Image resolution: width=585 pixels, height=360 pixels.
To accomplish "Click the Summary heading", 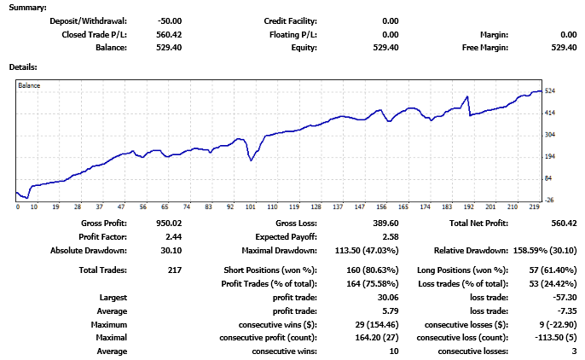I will pyautogui.click(x=29, y=7).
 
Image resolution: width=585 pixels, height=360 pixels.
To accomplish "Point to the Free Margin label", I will pyautogui.click(x=484, y=48).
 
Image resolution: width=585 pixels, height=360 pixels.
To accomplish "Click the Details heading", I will pyautogui.click(x=23, y=67).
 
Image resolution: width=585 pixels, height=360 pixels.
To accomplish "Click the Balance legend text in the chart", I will pyautogui.click(x=29, y=86).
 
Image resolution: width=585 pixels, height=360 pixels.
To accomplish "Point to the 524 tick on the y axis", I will pyautogui.click(x=551, y=90).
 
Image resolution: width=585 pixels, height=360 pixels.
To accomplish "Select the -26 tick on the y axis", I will pyautogui.click(x=551, y=200).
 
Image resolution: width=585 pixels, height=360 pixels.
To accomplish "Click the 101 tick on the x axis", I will pyautogui.click(x=252, y=206).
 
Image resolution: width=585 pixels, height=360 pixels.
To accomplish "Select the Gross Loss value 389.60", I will pyautogui.click(x=383, y=223).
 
